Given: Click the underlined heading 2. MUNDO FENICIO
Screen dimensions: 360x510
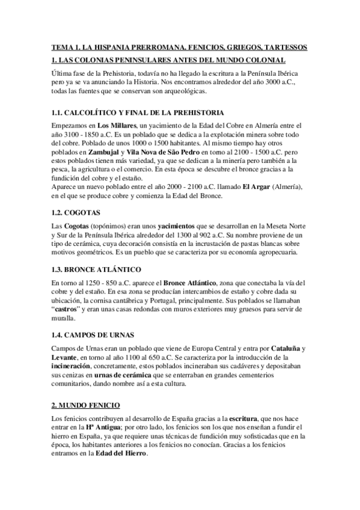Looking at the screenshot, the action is pos(86,406).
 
